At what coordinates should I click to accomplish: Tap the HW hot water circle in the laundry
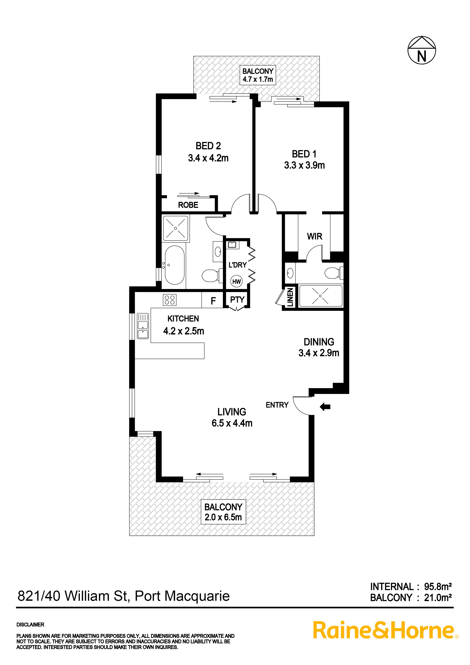(236, 281)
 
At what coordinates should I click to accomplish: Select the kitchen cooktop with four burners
(170, 300)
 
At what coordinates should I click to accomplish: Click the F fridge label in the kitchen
(213, 301)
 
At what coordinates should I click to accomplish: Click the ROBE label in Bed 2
(188, 205)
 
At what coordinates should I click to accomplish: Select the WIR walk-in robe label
(314, 236)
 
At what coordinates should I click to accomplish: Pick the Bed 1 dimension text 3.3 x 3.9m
(304, 165)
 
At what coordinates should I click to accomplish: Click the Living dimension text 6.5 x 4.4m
(232, 423)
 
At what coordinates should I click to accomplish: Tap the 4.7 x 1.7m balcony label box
(258, 75)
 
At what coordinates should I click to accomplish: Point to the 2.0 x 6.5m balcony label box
(223, 512)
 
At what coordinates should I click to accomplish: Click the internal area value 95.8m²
(438, 587)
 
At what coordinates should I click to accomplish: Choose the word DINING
(319, 342)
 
